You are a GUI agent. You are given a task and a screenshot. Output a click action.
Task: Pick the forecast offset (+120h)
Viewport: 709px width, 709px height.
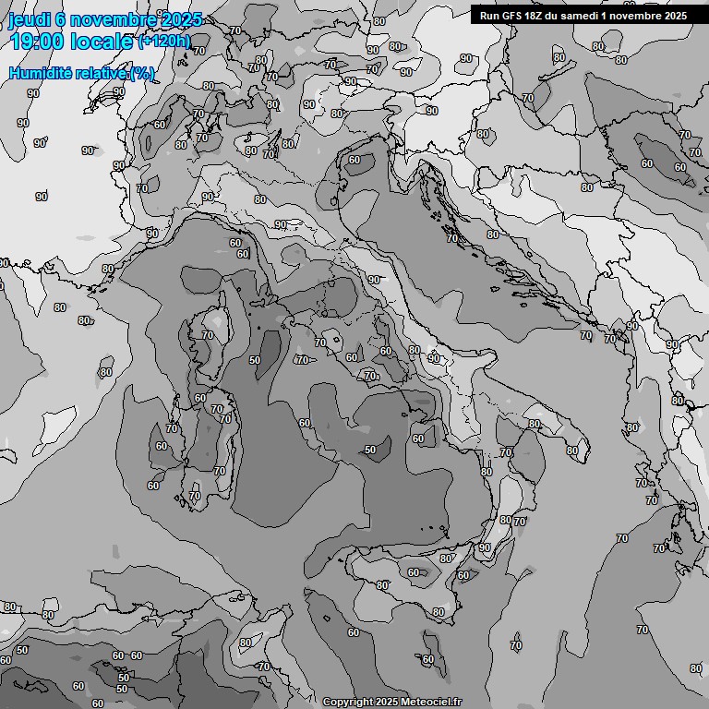coord(164,42)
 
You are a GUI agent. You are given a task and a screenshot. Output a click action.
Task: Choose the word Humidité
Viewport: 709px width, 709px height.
coord(38,73)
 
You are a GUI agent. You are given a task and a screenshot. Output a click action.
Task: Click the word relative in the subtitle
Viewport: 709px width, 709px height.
coord(99,73)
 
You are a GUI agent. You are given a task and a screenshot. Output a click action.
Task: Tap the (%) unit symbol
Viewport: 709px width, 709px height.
coord(142,73)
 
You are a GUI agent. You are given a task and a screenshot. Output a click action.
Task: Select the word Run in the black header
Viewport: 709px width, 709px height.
coord(488,15)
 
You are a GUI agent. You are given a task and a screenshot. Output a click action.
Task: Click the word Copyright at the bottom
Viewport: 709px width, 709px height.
coord(347,703)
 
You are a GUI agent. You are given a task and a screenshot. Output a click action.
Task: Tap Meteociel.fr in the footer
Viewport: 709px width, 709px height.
coord(432,703)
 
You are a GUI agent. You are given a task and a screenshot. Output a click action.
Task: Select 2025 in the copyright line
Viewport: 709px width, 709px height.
coord(386,703)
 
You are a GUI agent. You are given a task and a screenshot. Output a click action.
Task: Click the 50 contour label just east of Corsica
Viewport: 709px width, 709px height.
coord(255,360)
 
